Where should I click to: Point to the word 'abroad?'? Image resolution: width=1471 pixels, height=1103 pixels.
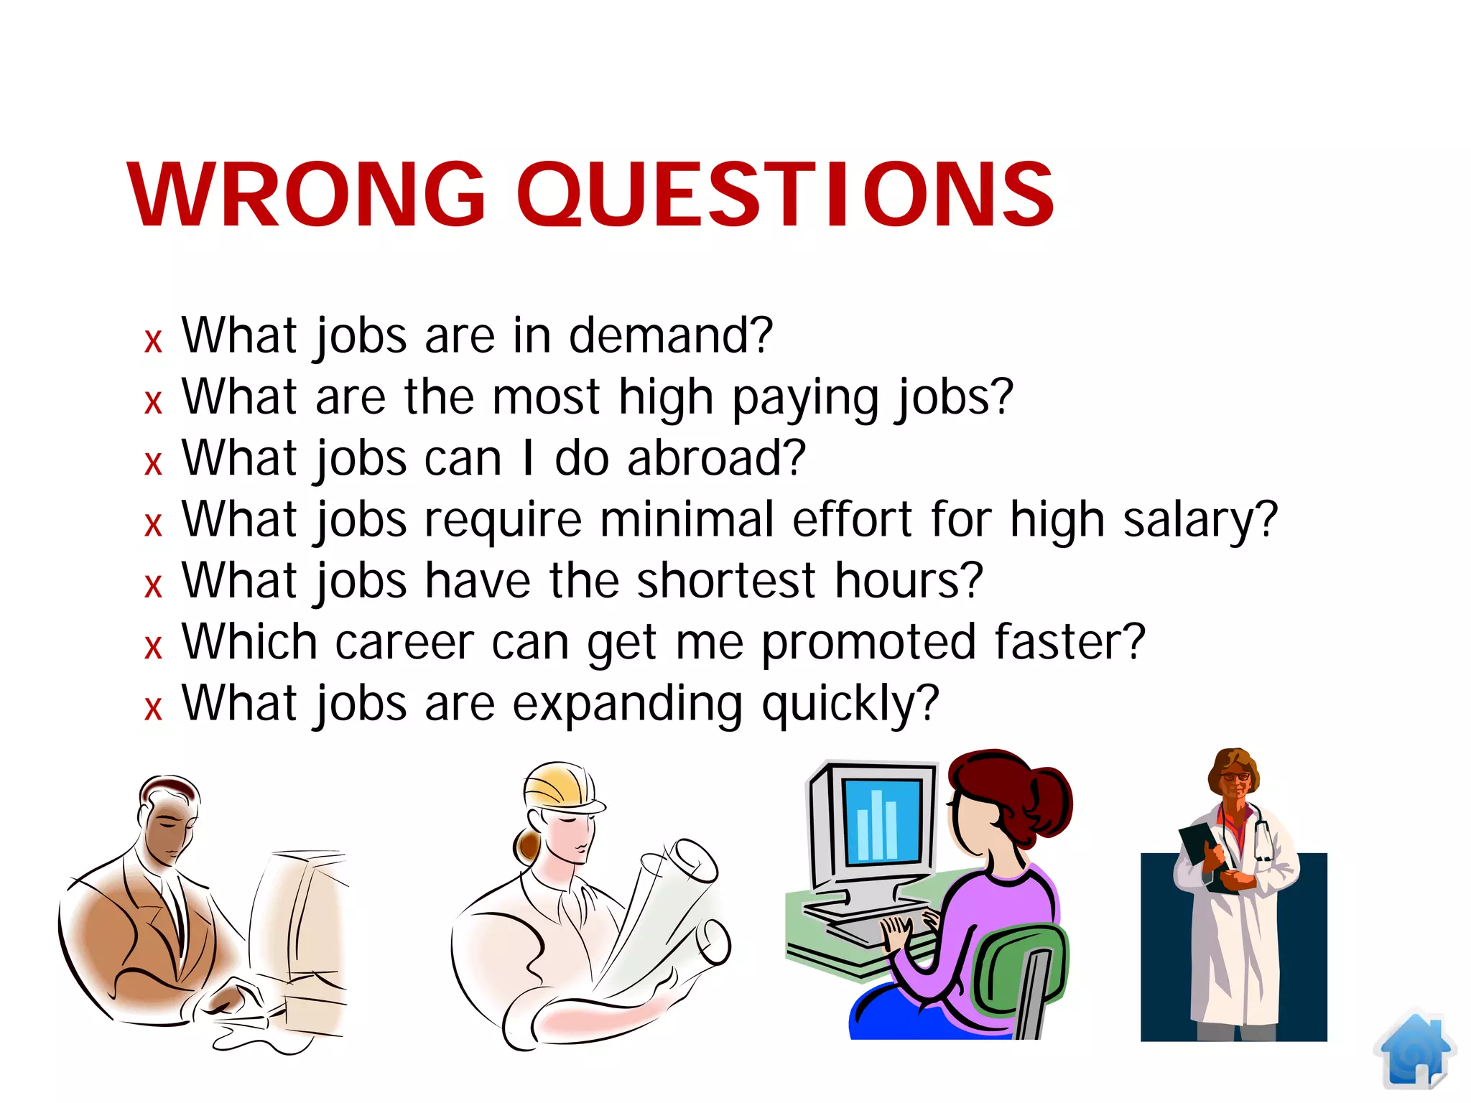click(x=716, y=458)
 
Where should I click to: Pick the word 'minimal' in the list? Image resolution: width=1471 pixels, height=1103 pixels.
click(x=687, y=519)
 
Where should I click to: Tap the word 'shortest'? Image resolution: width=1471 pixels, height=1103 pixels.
click(x=726, y=580)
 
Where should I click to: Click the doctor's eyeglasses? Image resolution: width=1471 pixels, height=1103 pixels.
click(x=1235, y=776)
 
